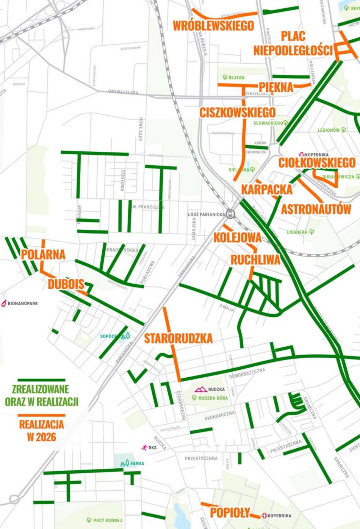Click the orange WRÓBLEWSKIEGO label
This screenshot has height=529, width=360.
pyautogui.click(x=213, y=26)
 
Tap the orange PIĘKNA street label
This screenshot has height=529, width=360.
pyautogui.click(x=276, y=87)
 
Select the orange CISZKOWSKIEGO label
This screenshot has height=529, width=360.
pyautogui.click(x=238, y=113)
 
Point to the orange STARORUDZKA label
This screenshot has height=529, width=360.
pyautogui.click(x=178, y=338)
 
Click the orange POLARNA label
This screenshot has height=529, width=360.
pyautogui.click(x=43, y=254)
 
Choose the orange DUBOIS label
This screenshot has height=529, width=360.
pyautogui.click(x=66, y=284)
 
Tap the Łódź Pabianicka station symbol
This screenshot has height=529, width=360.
pyautogui.click(x=230, y=214)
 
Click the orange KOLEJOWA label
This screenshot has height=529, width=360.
pyautogui.click(x=237, y=238)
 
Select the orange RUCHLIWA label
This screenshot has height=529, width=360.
pyautogui.click(x=255, y=260)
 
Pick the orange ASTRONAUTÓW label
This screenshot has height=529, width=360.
pyautogui.click(x=316, y=209)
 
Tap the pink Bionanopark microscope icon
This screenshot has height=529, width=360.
pyautogui.click(x=4, y=303)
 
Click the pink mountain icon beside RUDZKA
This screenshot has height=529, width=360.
pyautogui.click(x=200, y=389)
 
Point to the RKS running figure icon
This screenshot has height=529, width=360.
pyautogui.click(x=144, y=448)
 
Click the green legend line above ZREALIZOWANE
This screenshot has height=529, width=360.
pyautogui.click(x=41, y=380)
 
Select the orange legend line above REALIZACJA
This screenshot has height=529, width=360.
pyautogui.click(x=41, y=415)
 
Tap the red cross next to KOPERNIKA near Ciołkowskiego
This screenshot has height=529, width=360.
pyautogui.click(x=302, y=155)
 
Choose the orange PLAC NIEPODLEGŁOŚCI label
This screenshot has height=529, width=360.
pyautogui.click(x=293, y=43)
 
